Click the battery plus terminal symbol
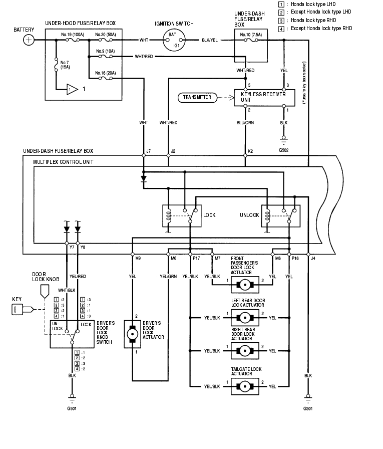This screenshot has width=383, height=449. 29,40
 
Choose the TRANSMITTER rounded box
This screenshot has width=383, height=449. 197,97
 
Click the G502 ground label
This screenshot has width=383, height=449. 283,149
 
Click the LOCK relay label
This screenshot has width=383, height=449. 209,215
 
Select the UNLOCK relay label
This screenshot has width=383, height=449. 249,215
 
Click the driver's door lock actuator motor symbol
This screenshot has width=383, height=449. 133,333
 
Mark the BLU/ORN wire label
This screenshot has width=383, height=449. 245,122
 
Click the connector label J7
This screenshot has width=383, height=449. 148,150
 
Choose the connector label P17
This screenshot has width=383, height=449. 197,259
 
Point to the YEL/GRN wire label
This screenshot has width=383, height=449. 168,276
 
